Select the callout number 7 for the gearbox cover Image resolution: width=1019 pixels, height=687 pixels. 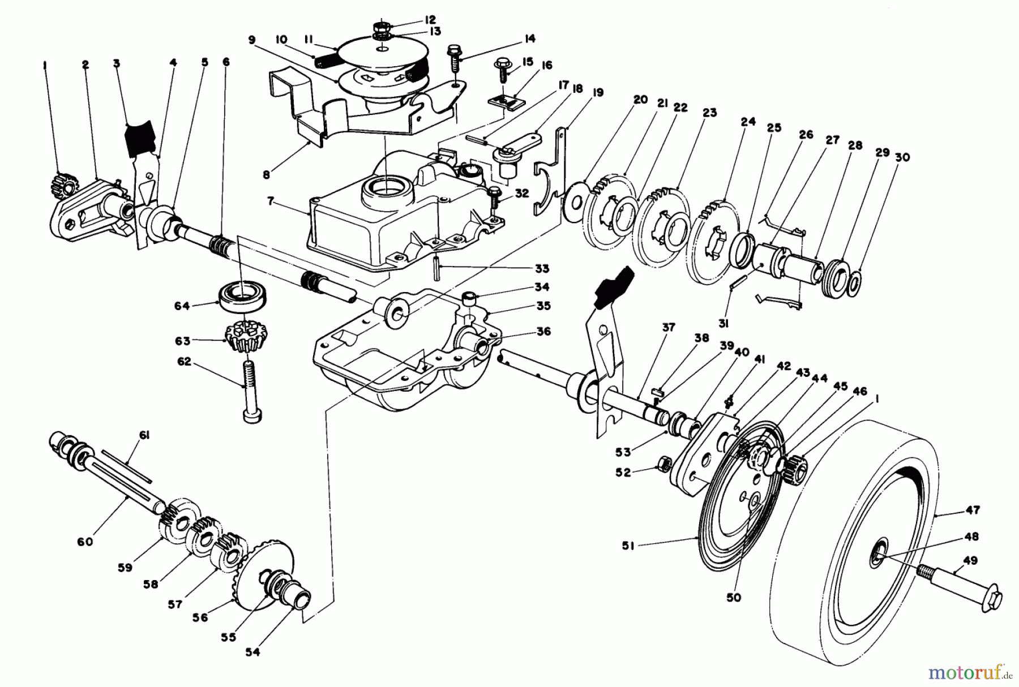(271, 200)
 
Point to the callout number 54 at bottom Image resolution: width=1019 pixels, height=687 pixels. (252, 652)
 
